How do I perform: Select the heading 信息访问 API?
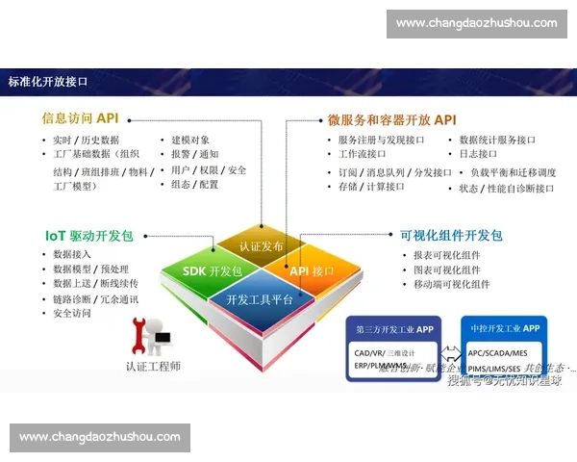(x=80, y=118)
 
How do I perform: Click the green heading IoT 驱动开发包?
(x=88, y=235)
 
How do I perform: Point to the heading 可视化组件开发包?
(x=451, y=235)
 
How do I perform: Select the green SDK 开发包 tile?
(x=213, y=271)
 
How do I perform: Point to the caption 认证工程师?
(x=153, y=366)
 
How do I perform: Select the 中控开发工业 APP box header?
(x=505, y=328)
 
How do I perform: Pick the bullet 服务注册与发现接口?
(x=380, y=140)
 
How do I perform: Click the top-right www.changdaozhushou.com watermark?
(x=476, y=23)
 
